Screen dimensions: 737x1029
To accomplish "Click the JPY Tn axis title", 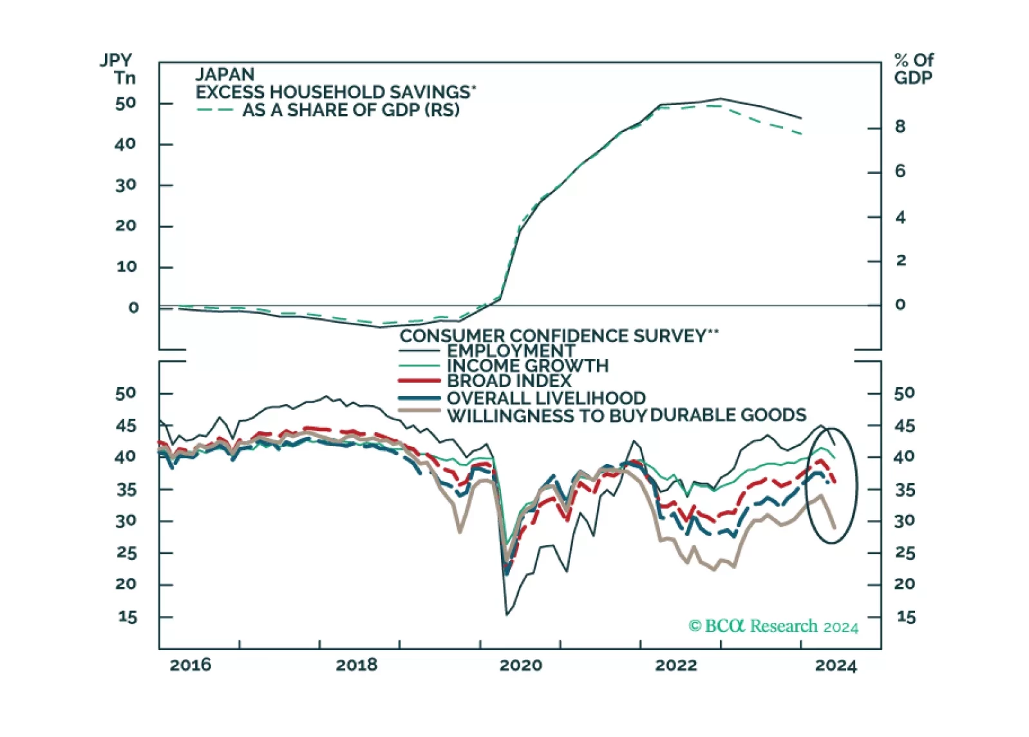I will pyautogui.click(x=118, y=69).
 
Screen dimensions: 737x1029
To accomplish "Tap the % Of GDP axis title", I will pyautogui.click(x=913, y=69).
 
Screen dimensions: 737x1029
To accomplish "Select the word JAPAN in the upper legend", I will pyautogui.click(x=225, y=74).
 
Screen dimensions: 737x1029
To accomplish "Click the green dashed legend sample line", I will pyautogui.click(x=214, y=110).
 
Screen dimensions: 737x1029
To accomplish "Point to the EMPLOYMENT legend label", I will pyautogui.click(x=511, y=350).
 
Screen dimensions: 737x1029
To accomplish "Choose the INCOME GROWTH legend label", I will pyautogui.click(x=527, y=366).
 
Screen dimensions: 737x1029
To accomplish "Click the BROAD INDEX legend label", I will pyautogui.click(x=509, y=381).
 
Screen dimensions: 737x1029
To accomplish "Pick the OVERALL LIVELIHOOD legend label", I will pyautogui.click(x=546, y=398).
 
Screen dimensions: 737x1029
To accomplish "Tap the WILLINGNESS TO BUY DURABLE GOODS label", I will pyautogui.click(x=627, y=416).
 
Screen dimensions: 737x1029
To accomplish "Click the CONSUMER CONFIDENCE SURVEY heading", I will pyautogui.click(x=558, y=336).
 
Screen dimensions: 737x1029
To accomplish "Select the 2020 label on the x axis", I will pyautogui.click(x=520, y=665).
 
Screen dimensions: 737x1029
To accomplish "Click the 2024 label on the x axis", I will pyautogui.click(x=836, y=665).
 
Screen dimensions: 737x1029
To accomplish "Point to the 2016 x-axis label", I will pyautogui.click(x=190, y=665).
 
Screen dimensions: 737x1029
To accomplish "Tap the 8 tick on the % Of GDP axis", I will pyautogui.click(x=900, y=127).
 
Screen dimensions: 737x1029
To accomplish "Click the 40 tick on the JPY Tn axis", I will pyautogui.click(x=125, y=144).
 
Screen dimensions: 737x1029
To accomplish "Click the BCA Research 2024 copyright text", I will pyautogui.click(x=773, y=626).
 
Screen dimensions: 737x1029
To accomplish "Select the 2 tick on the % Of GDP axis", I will pyautogui.click(x=900, y=260).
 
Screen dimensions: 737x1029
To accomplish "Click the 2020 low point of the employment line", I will pyautogui.click(x=507, y=615).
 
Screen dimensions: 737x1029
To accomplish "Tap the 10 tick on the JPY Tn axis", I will pyautogui.click(x=126, y=267).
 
